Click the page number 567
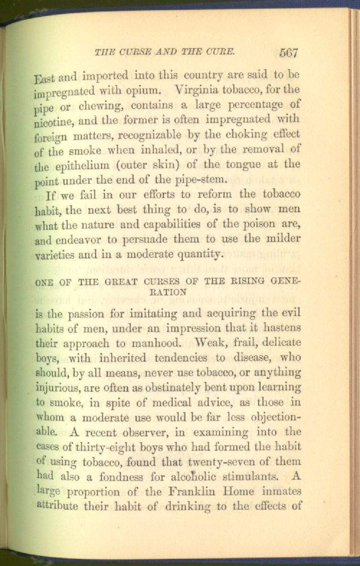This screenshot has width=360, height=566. coord(288,53)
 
